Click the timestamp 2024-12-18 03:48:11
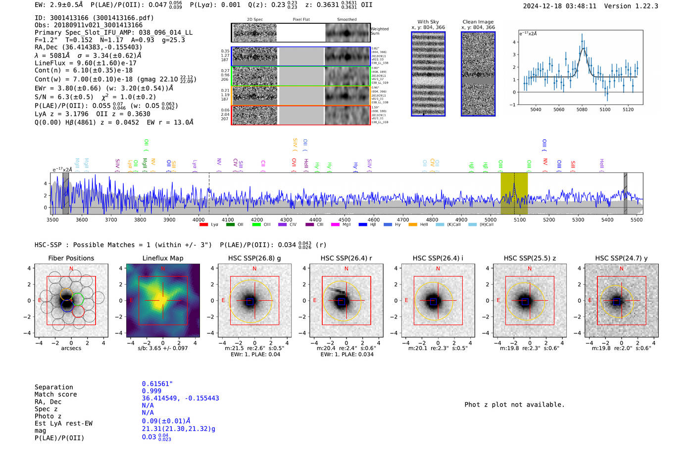(559, 6)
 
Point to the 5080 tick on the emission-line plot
(582, 109)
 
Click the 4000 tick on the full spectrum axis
(198, 220)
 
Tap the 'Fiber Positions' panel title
(71, 258)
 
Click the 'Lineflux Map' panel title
(163, 258)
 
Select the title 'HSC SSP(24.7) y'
(621, 258)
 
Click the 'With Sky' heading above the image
(428, 22)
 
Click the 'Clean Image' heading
(478, 22)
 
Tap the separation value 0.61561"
(157, 384)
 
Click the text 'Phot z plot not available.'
(514, 405)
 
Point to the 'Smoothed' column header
(346, 20)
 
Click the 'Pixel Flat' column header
(301, 20)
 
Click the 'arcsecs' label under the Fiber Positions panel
(71, 348)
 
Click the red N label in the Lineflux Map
(163, 269)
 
